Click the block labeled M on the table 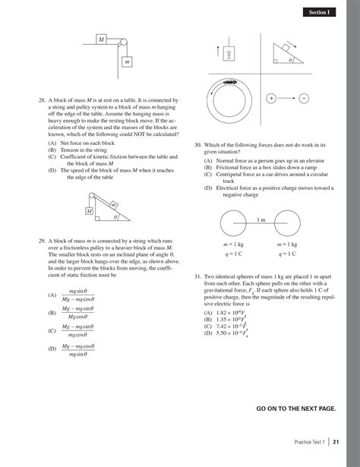pyautogui.click(x=101, y=39)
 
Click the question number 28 pyautogui.click(x=41, y=99)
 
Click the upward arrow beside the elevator pyautogui.click(x=218, y=54)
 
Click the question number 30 pyautogui.click(x=197, y=144)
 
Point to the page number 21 pyautogui.click(x=336, y=443)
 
